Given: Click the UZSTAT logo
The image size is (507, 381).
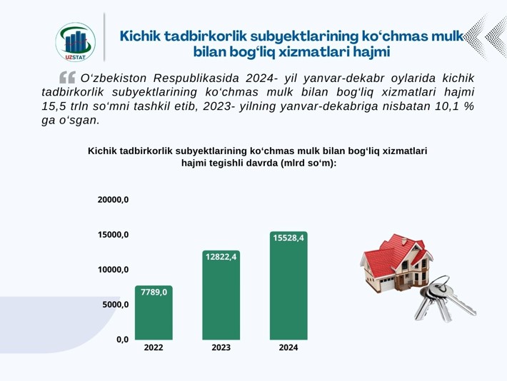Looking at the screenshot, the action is (76, 41).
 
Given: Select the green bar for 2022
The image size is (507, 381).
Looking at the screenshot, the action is (154, 313).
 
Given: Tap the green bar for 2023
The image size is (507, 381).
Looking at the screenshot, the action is (221, 295).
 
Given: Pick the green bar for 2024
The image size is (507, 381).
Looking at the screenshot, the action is (288, 285).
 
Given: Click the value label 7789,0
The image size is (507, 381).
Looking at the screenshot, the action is (154, 292).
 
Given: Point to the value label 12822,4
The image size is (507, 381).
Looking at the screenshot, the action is (221, 257).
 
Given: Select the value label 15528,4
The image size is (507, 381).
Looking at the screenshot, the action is (288, 238).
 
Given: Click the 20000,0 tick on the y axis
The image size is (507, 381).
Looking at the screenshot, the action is (113, 200).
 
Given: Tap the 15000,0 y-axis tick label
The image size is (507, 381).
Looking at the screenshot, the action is (113, 235).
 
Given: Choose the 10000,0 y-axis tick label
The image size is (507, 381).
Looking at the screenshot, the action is (113, 270).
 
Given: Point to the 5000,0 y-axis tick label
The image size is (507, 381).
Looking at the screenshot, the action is (116, 305).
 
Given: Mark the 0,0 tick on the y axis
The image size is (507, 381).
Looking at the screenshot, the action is (123, 340).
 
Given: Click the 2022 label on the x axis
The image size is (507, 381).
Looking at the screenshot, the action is (154, 347).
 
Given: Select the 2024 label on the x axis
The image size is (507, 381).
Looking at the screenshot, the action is (288, 347).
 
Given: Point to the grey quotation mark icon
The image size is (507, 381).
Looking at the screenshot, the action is (67, 78).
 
